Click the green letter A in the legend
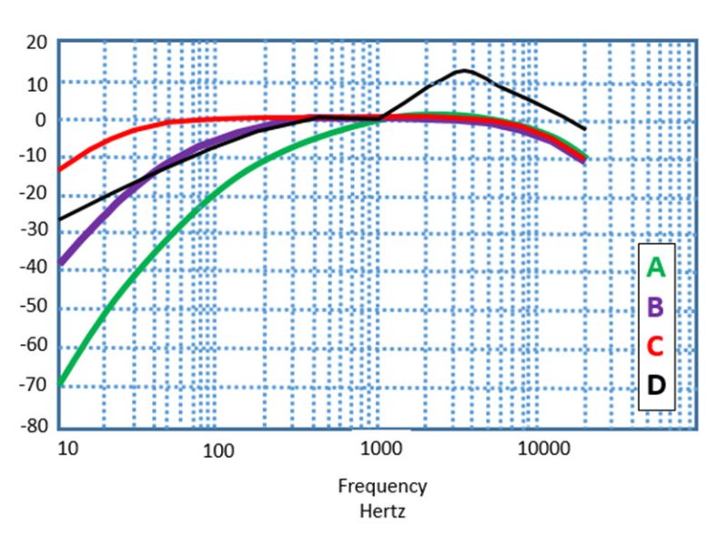pyautogui.click(x=656, y=268)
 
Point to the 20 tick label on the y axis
pyautogui.click(x=36, y=43)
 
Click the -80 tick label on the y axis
pyautogui.click(x=35, y=426)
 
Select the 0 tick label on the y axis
pyautogui.click(x=41, y=119)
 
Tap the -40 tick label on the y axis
pyautogui.click(x=35, y=272)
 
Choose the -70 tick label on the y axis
pyautogui.click(x=35, y=387)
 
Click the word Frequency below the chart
pyautogui.click(x=382, y=486)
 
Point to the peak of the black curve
pyautogui.click(x=464, y=70)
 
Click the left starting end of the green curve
pyautogui.click(x=60, y=384)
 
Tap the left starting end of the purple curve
pyautogui.click(x=60, y=262)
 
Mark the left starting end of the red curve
pyautogui.click(x=60, y=168)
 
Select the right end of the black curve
pyautogui.click(x=584, y=128)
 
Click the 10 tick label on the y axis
pyautogui.click(x=36, y=82)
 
